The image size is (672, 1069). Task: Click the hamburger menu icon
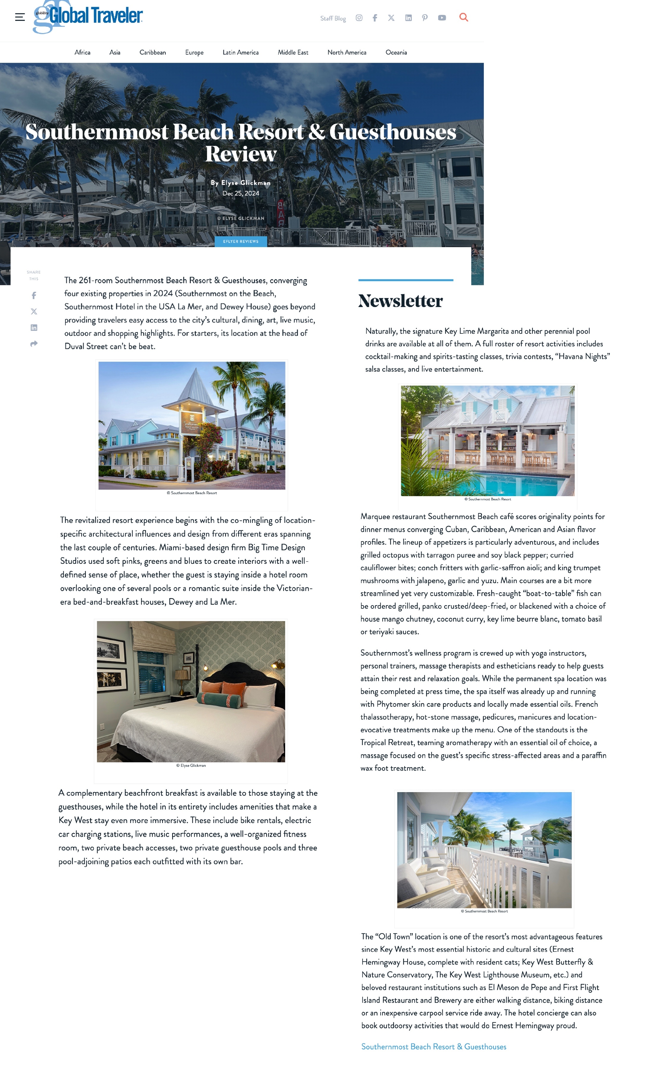pyautogui.click(x=20, y=17)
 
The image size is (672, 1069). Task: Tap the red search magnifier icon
pyautogui.click(x=463, y=17)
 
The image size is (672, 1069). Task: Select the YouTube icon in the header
pyautogui.click(x=442, y=18)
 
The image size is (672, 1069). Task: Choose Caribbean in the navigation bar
pyautogui.click(x=152, y=52)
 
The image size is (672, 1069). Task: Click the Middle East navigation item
pyautogui.click(x=293, y=52)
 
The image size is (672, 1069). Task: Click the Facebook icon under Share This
pyautogui.click(x=34, y=296)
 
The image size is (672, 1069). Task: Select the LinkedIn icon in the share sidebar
pyautogui.click(x=34, y=327)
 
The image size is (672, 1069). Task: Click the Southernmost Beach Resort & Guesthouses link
pyautogui.click(x=433, y=1046)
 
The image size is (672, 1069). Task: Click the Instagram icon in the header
pyautogui.click(x=359, y=18)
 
